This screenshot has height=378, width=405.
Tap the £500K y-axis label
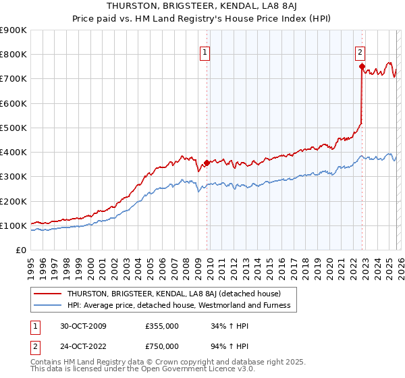point(13,128)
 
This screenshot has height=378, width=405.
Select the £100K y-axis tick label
point(13,225)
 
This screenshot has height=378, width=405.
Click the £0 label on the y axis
point(20,250)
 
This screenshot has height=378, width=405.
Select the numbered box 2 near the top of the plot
point(360,51)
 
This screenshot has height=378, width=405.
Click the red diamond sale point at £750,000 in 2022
point(362,66)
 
